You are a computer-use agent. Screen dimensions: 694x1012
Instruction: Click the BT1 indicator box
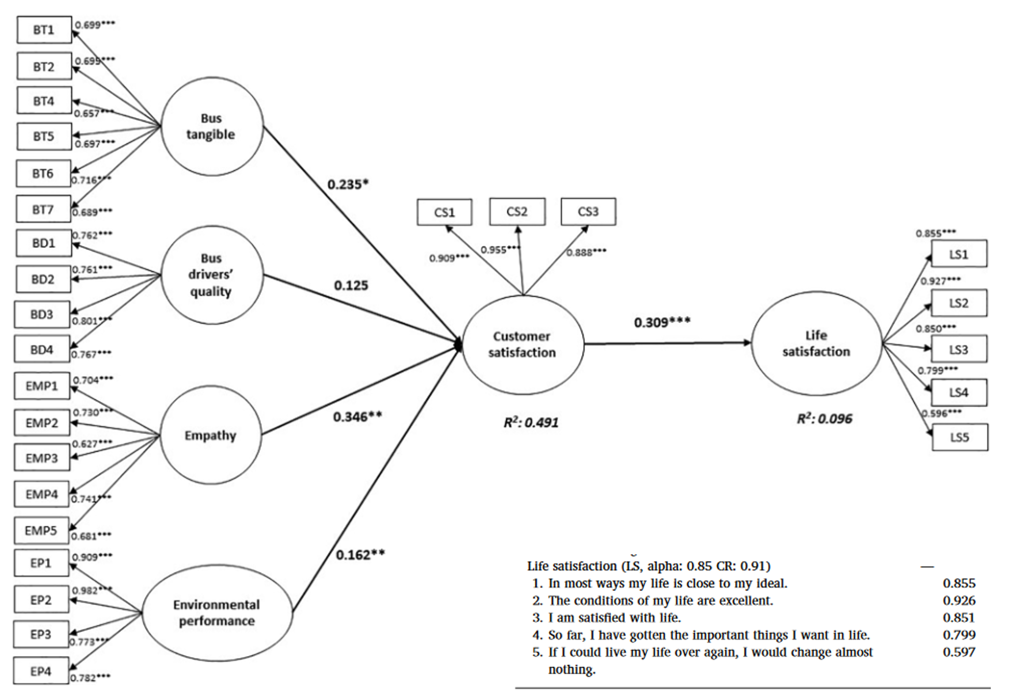pyautogui.click(x=44, y=30)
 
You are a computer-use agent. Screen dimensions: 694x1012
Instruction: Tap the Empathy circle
pyautogui.click(x=211, y=435)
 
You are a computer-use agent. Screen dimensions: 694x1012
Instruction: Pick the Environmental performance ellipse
pyautogui.click(x=217, y=613)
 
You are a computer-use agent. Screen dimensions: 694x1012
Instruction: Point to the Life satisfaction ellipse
pyautogui.click(x=816, y=344)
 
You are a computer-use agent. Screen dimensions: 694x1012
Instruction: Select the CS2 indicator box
pyautogui.click(x=517, y=212)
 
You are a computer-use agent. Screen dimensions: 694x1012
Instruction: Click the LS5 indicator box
pyautogui.click(x=960, y=437)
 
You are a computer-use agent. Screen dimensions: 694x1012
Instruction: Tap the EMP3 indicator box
pyautogui.click(x=42, y=458)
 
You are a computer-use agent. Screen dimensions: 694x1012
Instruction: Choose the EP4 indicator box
pyautogui.click(x=41, y=671)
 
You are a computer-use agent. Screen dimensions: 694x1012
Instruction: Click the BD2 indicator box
pyautogui.click(x=43, y=279)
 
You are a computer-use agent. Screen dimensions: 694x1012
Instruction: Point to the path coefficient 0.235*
pyautogui.click(x=347, y=185)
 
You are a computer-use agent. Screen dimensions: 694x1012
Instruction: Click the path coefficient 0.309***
pyautogui.click(x=662, y=323)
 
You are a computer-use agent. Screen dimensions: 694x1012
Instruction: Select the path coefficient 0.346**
pyautogui.click(x=357, y=417)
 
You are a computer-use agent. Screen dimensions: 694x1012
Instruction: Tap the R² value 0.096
pyautogui.click(x=824, y=419)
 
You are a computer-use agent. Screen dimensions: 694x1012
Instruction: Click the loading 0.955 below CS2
pyautogui.click(x=500, y=250)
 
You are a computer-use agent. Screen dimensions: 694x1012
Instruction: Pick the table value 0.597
pyautogui.click(x=959, y=652)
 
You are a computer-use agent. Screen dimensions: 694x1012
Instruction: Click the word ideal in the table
pyautogui.click(x=771, y=583)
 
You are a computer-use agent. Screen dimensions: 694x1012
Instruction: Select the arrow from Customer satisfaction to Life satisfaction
pyautogui.click(x=667, y=344)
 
